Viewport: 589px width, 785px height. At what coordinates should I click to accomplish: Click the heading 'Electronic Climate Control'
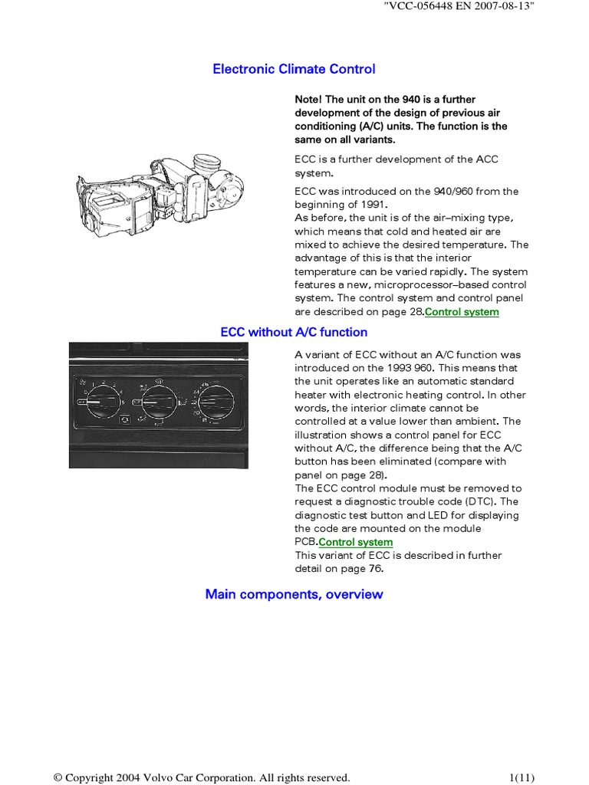pos(294,69)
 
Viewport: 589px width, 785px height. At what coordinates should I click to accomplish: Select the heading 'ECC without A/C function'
pos(294,332)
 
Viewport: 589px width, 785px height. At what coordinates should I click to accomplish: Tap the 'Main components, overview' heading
pos(294,594)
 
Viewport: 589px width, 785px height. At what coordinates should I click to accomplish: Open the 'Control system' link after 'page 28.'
pos(462,312)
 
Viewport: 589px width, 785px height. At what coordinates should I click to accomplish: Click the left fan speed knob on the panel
pos(100,401)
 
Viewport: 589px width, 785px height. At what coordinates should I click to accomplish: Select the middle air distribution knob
pos(159,401)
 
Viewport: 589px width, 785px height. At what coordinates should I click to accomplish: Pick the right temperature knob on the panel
pos(217,400)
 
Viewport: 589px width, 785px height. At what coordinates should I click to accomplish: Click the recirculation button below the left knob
pos(123,420)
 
